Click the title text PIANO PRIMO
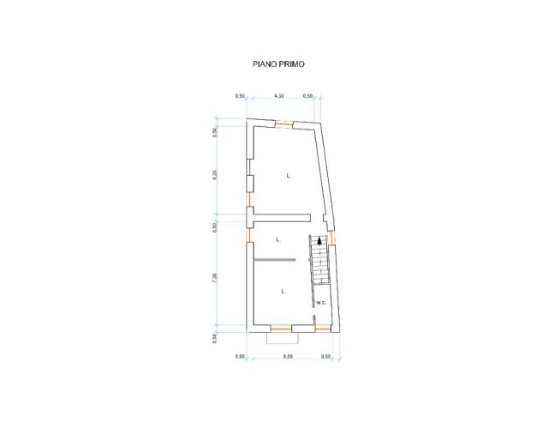[x=279, y=63]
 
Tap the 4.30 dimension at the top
[x=279, y=96]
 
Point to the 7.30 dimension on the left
[x=216, y=278]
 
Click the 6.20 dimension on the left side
[x=216, y=173]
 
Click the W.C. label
[x=321, y=303]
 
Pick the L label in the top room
[x=289, y=176]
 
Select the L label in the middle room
[x=278, y=239]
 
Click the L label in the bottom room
[x=282, y=292]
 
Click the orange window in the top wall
[x=283, y=123]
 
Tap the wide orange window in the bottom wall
[x=280, y=328]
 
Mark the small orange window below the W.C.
[x=322, y=328]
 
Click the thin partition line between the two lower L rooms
[x=274, y=259]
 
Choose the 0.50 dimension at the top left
[x=240, y=96]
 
